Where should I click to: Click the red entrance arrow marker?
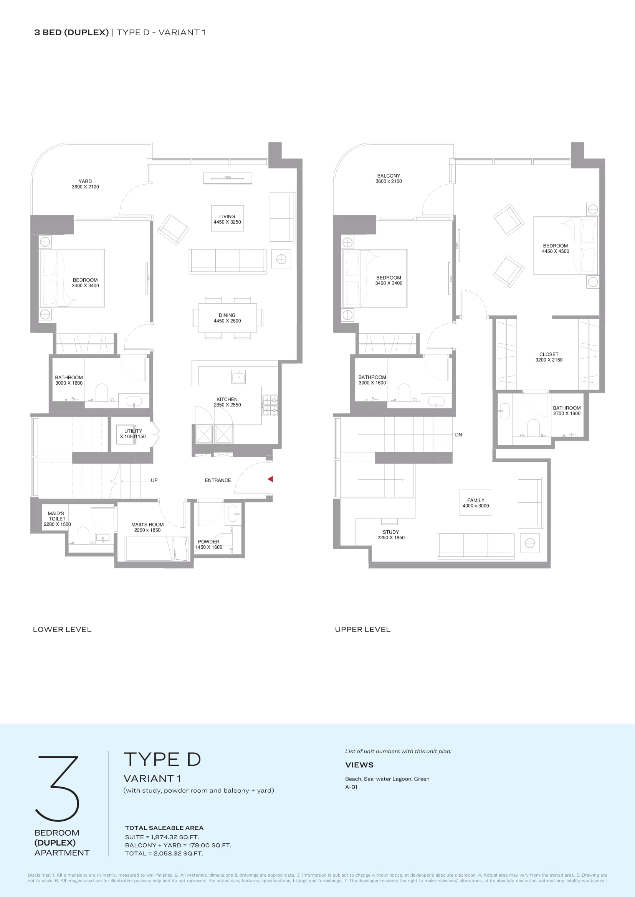(270, 479)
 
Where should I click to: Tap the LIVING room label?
(227, 216)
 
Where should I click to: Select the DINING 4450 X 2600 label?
(227, 318)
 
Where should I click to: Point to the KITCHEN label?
(227, 399)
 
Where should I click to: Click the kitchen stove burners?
(270, 405)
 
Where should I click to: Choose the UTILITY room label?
(133, 431)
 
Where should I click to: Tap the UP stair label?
(154, 480)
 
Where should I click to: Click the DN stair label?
(459, 435)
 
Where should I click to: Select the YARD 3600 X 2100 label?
(85, 184)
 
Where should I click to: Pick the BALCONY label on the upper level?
(389, 176)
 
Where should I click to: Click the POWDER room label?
(209, 541)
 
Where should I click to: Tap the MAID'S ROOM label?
(147, 525)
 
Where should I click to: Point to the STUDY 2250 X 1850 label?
(391, 535)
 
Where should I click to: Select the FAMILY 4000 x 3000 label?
(476, 503)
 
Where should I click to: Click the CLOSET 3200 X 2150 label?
(549, 357)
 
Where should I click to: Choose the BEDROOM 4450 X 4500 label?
(555, 249)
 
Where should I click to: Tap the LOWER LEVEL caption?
(62, 629)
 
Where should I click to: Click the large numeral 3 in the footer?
(58, 788)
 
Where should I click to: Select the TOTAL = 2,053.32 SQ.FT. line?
(164, 853)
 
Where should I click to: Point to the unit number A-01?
(352, 787)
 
